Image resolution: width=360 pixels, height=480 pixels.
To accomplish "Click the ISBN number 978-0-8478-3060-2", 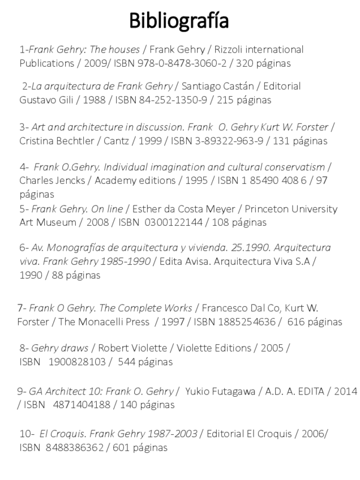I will point(187,63).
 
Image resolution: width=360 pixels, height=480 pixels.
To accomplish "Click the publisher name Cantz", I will point(116,141).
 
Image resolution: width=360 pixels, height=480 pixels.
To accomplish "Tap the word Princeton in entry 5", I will point(271,209).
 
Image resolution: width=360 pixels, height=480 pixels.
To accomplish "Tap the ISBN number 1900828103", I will point(75,362).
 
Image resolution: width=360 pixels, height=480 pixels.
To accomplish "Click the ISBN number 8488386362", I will point(75,448).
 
